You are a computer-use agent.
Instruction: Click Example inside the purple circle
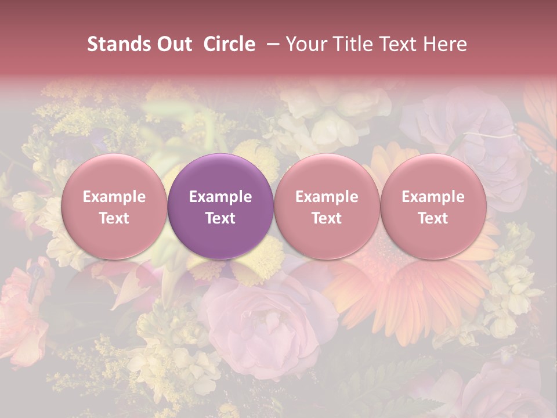[220, 197]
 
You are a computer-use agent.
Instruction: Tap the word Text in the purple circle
[220, 218]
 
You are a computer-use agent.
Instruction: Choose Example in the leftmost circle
[114, 197]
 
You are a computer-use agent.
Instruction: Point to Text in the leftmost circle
[114, 218]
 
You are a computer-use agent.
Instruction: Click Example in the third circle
[327, 197]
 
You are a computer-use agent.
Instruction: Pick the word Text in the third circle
[327, 218]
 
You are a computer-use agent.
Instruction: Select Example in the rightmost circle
[433, 197]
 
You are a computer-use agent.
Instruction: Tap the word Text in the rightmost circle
[433, 218]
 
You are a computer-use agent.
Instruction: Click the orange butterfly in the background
[540, 128]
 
